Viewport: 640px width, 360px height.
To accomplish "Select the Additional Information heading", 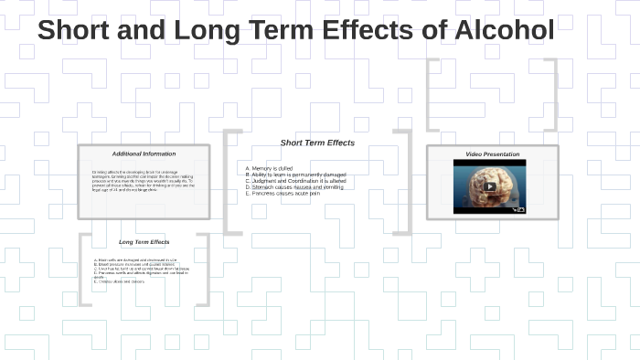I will pos(144,154).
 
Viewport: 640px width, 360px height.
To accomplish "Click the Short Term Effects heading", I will pos(317,143).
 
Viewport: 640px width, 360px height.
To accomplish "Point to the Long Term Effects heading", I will pos(144,242).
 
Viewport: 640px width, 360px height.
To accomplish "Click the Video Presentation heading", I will pos(492,154).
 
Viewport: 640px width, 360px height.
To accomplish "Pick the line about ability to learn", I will pos(295,175).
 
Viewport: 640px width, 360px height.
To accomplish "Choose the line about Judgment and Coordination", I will pos(295,181).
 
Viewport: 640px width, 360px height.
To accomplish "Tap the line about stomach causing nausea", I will pos(295,187).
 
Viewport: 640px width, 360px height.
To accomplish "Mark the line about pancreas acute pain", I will pos(283,194).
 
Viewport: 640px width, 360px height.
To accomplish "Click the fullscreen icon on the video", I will pos(521,209).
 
